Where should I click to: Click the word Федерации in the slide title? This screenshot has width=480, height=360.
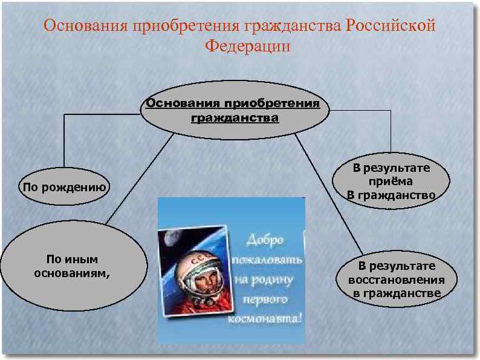tap(248, 46)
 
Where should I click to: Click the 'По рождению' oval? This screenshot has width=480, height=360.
tap(64, 187)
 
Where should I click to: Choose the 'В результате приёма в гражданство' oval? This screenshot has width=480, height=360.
tap(392, 182)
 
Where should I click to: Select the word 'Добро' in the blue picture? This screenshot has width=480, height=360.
tap(264, 240)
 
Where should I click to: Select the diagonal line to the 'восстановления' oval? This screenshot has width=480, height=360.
tap(329, 194)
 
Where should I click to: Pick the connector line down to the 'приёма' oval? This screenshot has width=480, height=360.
tap(391, 130)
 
